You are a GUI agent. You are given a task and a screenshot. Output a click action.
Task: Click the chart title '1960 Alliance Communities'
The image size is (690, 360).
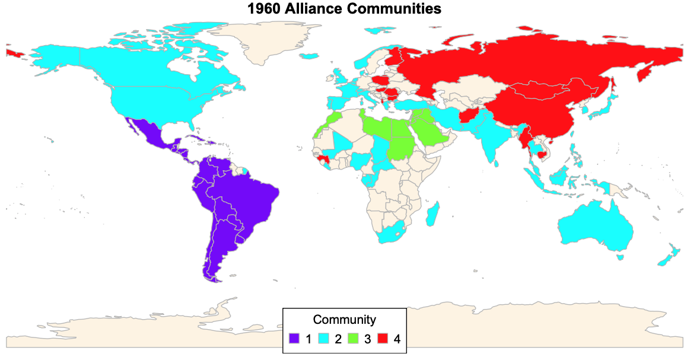click(x=345, y=9)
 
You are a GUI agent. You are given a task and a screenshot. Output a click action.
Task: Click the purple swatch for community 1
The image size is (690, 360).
click(x=295, y=339)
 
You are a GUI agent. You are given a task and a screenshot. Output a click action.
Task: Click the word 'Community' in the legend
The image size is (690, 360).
click(x=344, y=320)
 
